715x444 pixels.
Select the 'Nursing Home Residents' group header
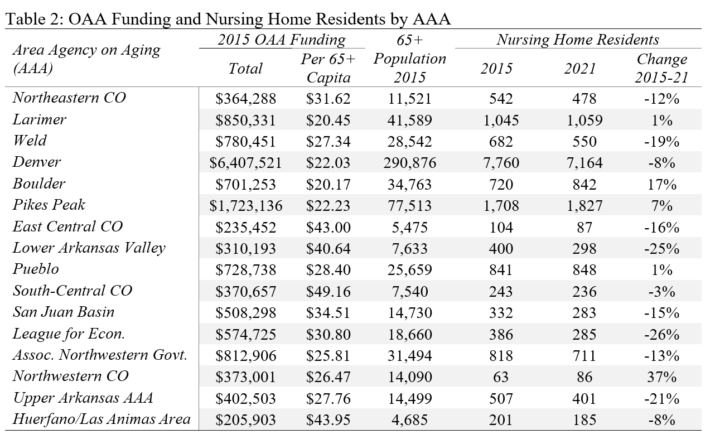click(578, 40)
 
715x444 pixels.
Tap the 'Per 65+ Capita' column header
click(328, 68)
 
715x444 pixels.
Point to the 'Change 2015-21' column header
click(661, 68)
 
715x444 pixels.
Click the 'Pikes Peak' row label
click(49, 205)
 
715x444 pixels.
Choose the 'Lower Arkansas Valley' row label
click(89, 248)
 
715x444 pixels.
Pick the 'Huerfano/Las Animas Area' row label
click(102, 419)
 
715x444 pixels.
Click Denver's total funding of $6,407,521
click(245, 163)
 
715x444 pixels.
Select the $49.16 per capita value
click(328, 291)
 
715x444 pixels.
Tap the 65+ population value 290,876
click(410, 163)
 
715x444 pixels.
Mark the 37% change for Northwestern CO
click(661, 377)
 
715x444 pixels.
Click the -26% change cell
click(661, 334)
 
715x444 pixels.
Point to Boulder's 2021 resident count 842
click(584, 185)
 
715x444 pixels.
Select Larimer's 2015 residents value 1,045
click(501, 120)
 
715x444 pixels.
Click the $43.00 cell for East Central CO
click(328, 227)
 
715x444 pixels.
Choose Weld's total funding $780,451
click(245, 142)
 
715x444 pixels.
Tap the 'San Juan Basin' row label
click(63, 312)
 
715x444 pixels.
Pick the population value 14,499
click(410, 398)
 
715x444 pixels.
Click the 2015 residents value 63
click(501, 377)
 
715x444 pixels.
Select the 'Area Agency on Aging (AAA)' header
click(86, 59)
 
